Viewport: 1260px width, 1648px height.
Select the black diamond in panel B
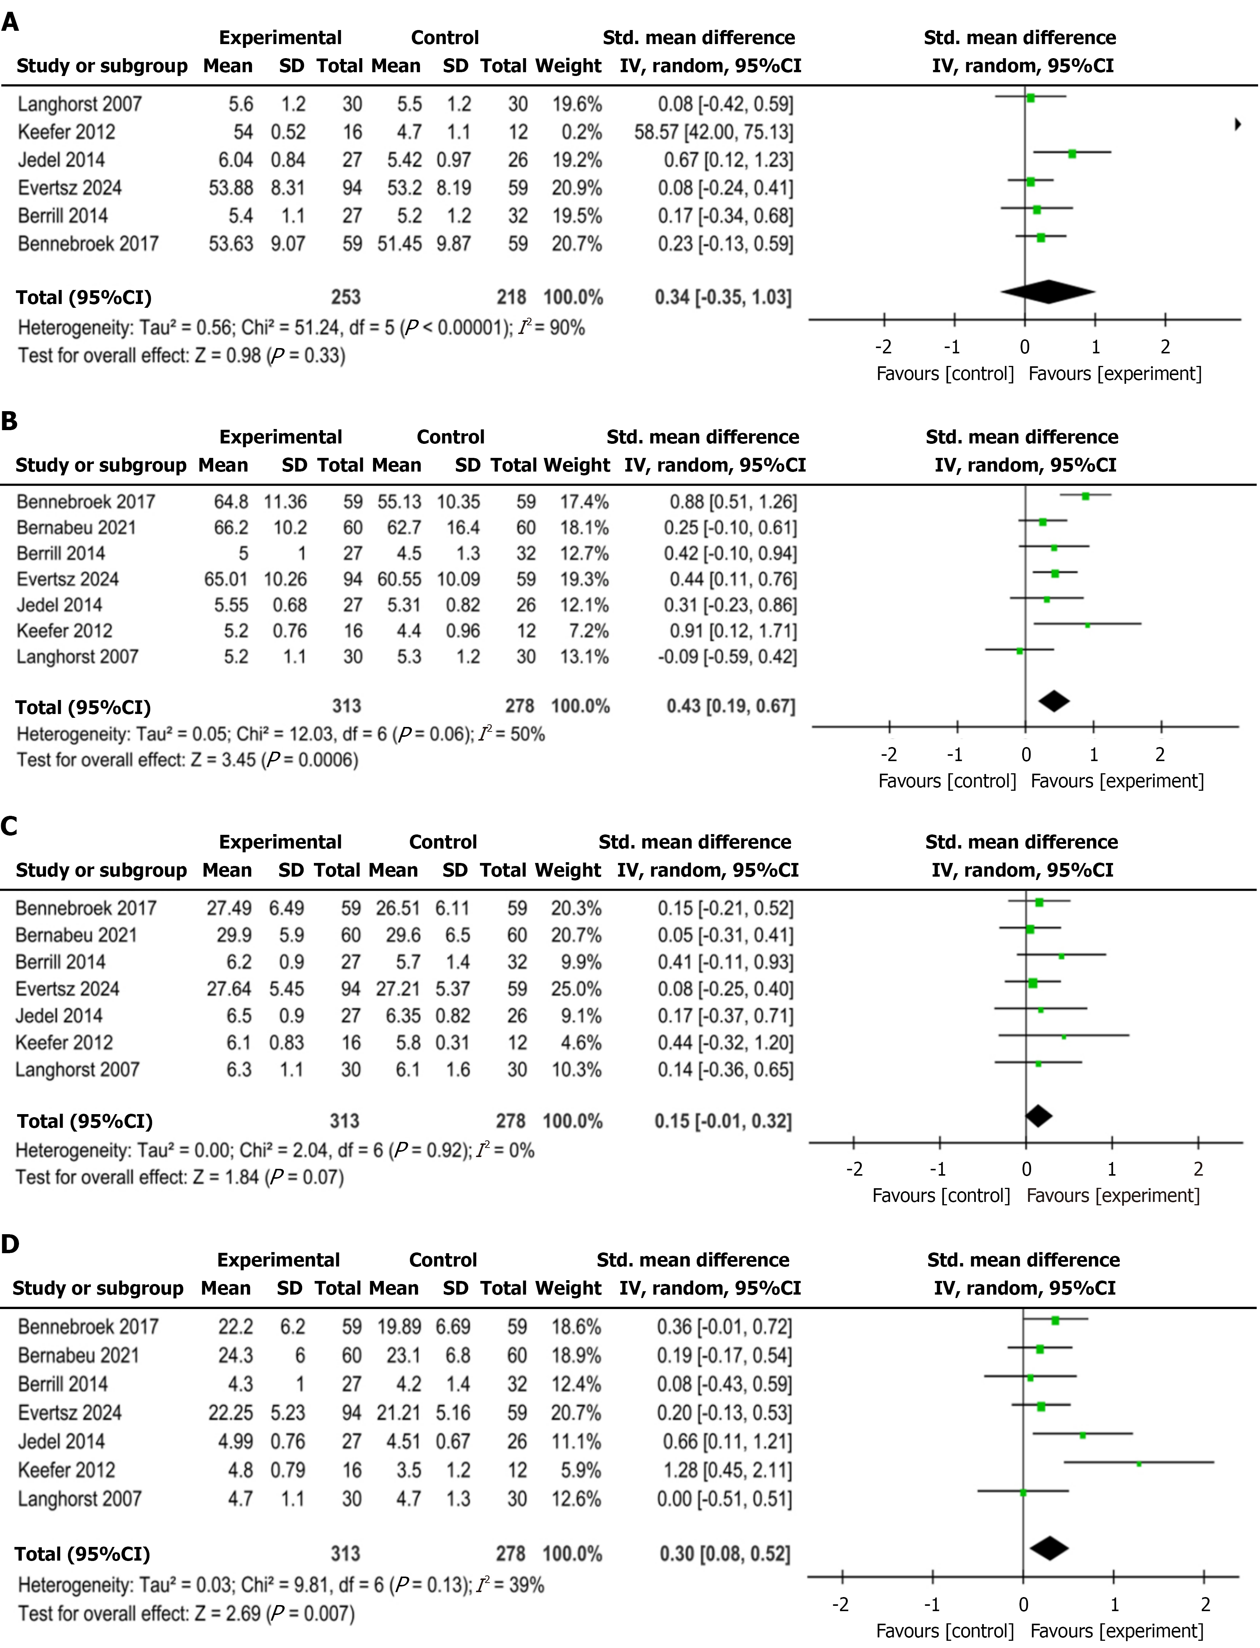click(1054, 701)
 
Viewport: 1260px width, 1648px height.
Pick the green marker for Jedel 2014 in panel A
click(1073, 154)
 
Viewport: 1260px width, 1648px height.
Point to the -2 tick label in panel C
click(854, 1169)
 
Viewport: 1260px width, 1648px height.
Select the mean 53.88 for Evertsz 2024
click(230, 188)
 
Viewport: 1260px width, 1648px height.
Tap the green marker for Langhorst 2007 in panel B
click(1019, 651)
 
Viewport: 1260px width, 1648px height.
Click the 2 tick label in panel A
click(1165, 347)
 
